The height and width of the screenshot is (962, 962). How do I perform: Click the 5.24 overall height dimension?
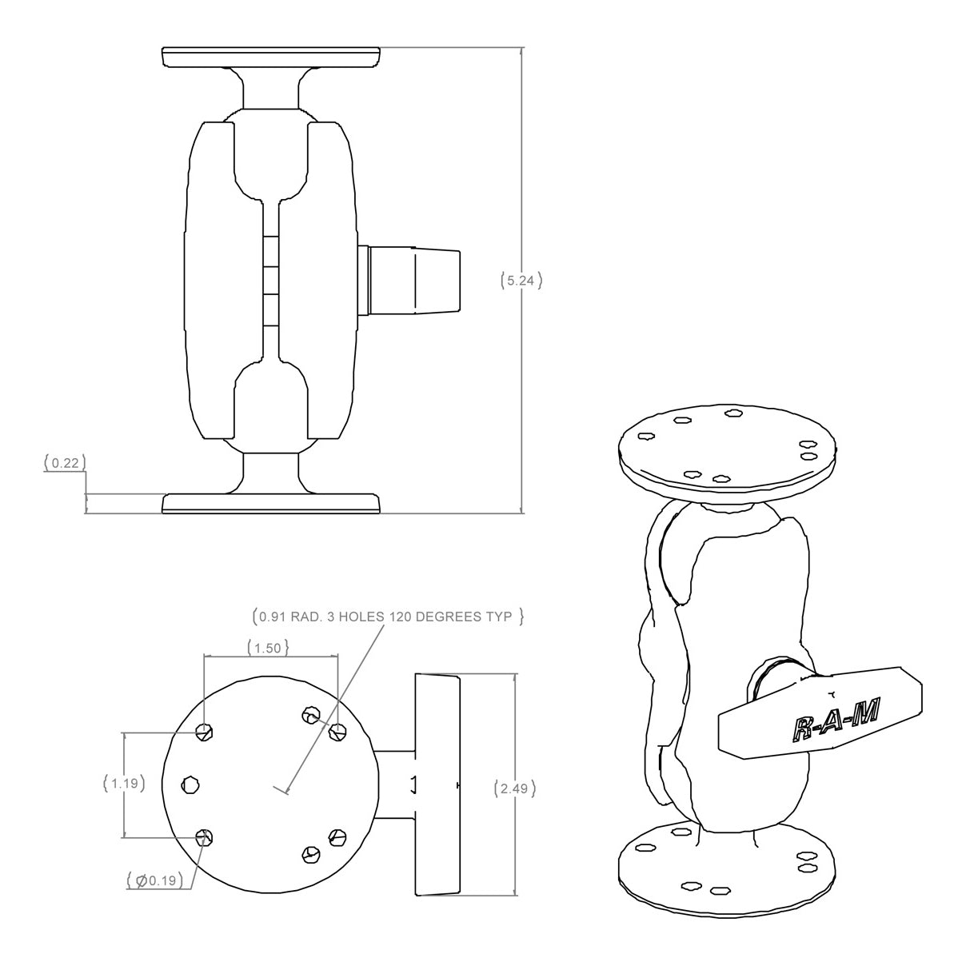pos(521,281)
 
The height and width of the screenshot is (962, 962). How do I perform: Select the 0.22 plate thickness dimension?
pos(65,462)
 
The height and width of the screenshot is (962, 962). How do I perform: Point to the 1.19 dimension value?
pos(125,784)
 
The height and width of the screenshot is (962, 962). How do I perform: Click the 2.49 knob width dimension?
pos(513,788)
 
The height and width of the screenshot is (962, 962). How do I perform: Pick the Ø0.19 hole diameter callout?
pos(161,881)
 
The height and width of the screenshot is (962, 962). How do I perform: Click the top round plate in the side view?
pos(271,58)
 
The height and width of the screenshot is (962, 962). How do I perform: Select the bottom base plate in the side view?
pos(271,503)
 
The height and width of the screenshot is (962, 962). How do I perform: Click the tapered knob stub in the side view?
pos(413,280)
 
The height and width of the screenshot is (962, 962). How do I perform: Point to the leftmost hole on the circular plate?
pos(190,784)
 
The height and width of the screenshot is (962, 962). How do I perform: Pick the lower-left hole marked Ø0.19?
pos(206,837)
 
